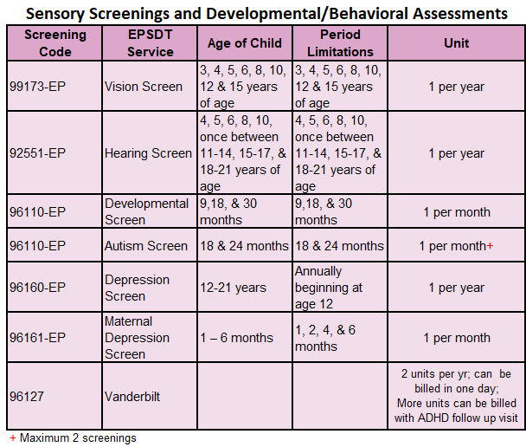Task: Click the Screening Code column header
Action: [x=55, y=43]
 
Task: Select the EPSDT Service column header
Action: [x=151, y=43]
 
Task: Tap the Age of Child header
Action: [x=245, y=43]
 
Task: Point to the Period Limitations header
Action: [x=340, y=43]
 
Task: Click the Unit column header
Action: [x=456, y=43]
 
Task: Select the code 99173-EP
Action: [x=37, y=87]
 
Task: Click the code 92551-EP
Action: [x=37, y=153]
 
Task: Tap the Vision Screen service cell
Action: [x=144, y=87]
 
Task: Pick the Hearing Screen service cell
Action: [x=148, y=153]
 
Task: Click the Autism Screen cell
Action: [x=146, y=246]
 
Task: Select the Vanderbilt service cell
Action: [x=132, y=397]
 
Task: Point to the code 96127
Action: [x=27, y=397]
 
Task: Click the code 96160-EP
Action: [x=37, y=288]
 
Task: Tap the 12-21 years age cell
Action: [x=233, y=288]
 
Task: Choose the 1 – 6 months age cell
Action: [x=236, y=338]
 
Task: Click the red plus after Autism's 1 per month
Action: [x=490, y=246]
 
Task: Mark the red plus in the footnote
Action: [x=13, y=438]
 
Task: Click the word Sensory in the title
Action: [x=55, y=14]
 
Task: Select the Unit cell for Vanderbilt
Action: [x=456, y=396]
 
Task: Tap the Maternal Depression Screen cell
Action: [x=137, y=338]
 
